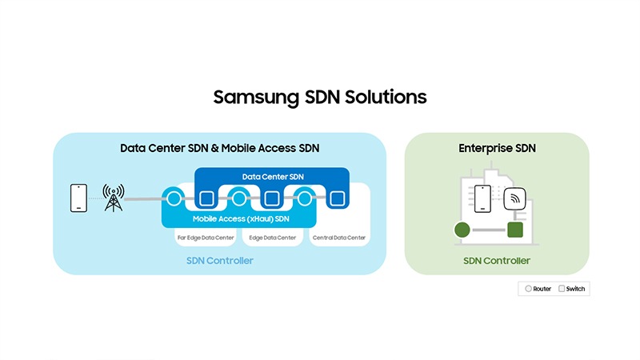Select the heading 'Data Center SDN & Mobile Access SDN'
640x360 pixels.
coord(220,148)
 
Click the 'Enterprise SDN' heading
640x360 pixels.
coord(497,148)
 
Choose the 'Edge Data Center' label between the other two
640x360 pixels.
coord(271,238)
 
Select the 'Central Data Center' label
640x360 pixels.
coord(338,238)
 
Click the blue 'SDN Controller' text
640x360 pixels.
coord(220,261)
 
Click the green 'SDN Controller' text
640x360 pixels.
coord(497,261)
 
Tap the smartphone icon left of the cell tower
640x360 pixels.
coord(78,198)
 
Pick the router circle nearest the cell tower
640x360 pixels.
coord(173,198)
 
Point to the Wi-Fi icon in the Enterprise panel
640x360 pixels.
coord(514,197)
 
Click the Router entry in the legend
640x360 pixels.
coord(538,289)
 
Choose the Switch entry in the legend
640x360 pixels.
coord(571,289)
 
